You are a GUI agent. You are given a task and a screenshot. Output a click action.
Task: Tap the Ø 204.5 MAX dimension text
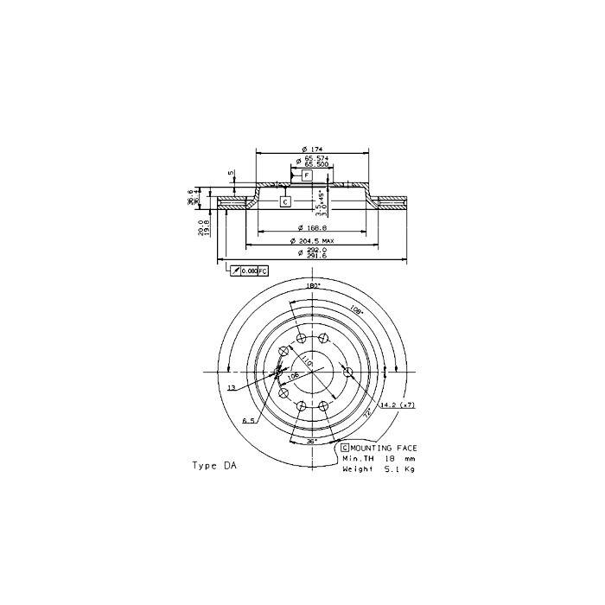click(315, 241)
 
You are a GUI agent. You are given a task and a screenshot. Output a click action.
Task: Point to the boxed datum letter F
click(307, 175)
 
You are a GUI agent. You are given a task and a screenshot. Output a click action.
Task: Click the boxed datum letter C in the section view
click(285, 201)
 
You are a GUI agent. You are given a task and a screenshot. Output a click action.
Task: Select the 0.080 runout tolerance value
click(248, 271)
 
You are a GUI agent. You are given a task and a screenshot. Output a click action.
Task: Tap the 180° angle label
click(313, 285)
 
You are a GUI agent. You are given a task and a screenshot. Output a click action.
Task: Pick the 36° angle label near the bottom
click(312, 441)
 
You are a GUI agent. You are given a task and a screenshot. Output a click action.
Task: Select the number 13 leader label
click(232, 388)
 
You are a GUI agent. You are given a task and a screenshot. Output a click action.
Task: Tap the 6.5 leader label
click(247, 420)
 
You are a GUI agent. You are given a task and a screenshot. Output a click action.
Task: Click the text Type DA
click(213, 465)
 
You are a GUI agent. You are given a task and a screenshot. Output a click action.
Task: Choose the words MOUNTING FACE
click(384, 448)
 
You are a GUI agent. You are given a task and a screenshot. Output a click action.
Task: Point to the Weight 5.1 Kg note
click(380, 468)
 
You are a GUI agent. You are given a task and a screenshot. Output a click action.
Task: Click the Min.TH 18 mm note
click(380, 458)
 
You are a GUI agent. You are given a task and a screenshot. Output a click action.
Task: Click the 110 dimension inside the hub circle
click(303, 357)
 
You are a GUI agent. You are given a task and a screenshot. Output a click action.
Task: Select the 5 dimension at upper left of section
click(231, 172)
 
